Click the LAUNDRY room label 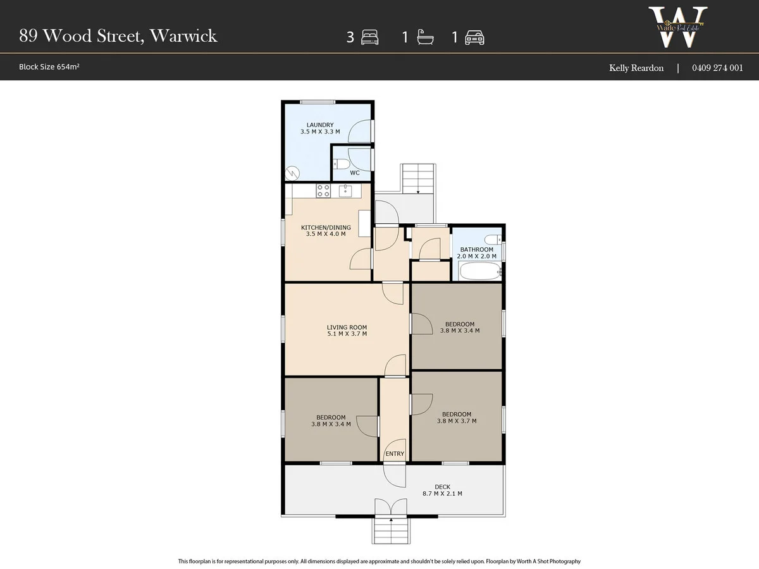coord(320,125)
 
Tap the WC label coord(355,173)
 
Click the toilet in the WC coord(342,164)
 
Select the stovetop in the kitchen coord(323,190)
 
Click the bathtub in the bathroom coord(479,272)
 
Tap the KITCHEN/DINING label coord(323,227)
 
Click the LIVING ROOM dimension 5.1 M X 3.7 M coord(347,335)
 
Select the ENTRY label coord(395,454)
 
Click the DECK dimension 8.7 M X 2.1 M coord(442,494)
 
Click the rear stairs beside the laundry coord(418,179)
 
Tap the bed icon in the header coord(369,38)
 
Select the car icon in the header coord(474,38)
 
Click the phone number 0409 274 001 coord(717,68)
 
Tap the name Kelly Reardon coord(636,68)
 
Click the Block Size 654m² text coord(49,67)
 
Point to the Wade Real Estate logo coord(676,27)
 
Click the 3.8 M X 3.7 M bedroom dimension coord(457,421)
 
